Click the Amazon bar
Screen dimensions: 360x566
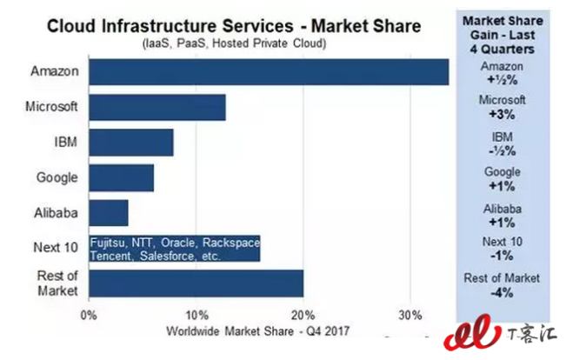(x=269, y=71)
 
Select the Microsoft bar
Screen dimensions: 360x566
(x=157, y=107)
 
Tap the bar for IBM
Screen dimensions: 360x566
(x=131, y=142)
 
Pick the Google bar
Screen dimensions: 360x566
(x=122, y=177)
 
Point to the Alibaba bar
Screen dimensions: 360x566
(x=109, y=212)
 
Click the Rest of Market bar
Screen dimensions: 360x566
(x=196, y=283)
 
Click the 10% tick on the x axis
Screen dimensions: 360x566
(x=196, y=314)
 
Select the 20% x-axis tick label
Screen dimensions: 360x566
(x=303, y=314)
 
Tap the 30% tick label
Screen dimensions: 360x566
(x=410, y=314)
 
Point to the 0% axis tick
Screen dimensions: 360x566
(x=89, y=314)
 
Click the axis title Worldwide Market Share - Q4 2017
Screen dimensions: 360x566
(x=257, y=330)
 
